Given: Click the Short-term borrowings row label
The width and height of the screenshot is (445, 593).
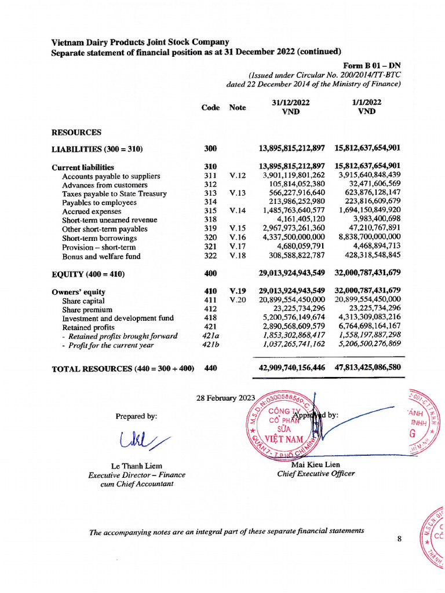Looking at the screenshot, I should (99, 238).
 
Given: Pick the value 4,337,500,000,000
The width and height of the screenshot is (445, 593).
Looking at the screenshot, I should (294, 238).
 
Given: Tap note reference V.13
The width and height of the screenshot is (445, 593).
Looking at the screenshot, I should (238, 194).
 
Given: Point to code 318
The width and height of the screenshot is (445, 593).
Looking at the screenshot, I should (210, 220).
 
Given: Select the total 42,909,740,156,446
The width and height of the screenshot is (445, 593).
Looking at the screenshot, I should (292, 367).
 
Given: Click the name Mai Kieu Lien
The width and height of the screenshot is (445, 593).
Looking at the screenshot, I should (316, 465).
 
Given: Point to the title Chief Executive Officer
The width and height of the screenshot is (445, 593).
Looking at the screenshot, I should (316, 474).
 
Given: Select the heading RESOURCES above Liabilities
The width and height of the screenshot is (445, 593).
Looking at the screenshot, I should (76, 132).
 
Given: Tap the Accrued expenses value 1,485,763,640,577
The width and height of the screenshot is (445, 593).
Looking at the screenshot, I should (294, 211).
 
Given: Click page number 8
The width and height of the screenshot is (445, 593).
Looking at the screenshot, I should (399, 539).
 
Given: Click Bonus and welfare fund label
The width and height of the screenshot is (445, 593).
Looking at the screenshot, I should (101, 256).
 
